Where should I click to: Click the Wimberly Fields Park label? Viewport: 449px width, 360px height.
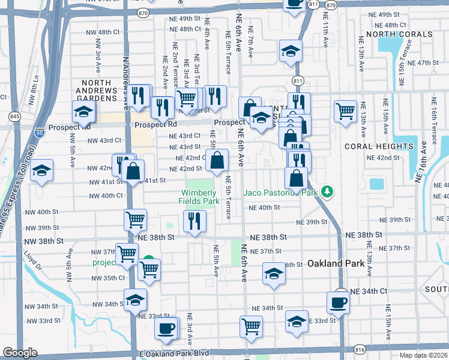tap(200, 197)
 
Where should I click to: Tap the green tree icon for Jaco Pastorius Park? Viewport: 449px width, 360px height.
tap(327, 192)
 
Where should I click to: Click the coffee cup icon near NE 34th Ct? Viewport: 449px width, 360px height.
tap(338, 302)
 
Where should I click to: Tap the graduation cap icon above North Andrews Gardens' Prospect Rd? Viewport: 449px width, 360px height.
tap(83, 110)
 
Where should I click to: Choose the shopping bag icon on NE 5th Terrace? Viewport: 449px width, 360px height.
tap(217, 160)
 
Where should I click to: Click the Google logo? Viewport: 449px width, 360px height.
tap(20, 353)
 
